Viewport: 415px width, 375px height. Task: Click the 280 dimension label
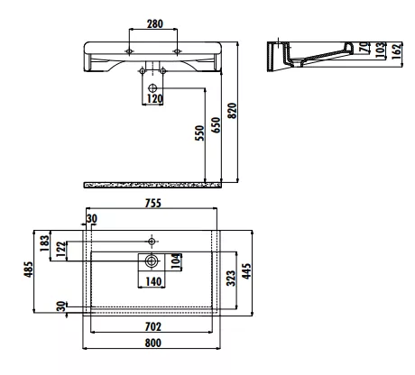click(x=155, y=23)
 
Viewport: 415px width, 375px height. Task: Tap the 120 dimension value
click(x=154, y=98)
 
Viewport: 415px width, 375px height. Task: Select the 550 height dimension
click(x=199, y=133)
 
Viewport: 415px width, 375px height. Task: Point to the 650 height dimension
click(x=216, y=125)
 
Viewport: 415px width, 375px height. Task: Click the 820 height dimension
click(x=232, y=111)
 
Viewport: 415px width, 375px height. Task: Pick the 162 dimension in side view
click(x=397, y=50)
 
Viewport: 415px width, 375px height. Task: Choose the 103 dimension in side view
click(x=381, y=50)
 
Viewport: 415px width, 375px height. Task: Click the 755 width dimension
click(x=153, y=204)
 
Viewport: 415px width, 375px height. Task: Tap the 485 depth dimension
click(x=28, y=270)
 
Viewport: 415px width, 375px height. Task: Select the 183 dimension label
click(x=44, y=243)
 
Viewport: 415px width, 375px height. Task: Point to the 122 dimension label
click(x=60, y=249)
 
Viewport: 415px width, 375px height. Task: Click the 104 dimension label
click(x=177, y=261)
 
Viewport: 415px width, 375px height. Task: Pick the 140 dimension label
click(x=153, y=282)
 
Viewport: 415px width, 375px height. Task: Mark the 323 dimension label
click(x=231, y=279)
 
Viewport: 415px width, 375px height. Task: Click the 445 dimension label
click(x=246, y=271)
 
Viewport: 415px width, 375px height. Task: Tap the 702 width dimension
click(x=153, y=326)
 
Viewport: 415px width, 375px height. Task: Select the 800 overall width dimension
click(x=153, y=343)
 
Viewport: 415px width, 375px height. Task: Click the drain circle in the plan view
click(x=152, y=261)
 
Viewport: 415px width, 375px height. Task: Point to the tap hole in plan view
click(x=152, y=241)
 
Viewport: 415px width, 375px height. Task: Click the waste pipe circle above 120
click(x=152, y=88)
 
